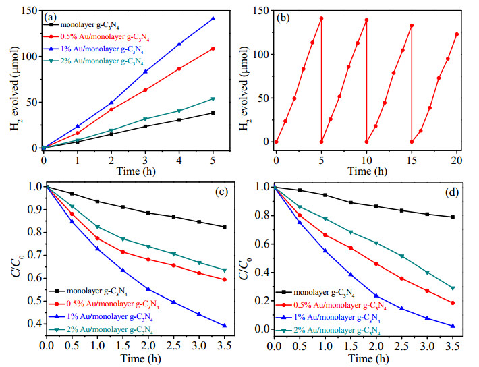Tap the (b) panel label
click(283, 18)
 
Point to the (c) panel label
click(222, 192)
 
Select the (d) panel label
click(452, 192)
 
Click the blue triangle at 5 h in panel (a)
click(213, 19)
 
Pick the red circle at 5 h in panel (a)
click(213, 49)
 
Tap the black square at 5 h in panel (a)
click(213, 113)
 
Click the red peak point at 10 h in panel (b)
click(366, 20)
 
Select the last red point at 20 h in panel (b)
click(457, 34)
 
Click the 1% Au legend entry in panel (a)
click(94, 49)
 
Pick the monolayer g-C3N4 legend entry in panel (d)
click(315, 292)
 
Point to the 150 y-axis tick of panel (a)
click(30, 11)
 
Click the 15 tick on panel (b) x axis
click(412, 160)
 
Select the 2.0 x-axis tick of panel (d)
click(376, 346)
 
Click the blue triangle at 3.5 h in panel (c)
click(225, 326)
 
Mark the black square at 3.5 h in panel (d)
click(453, 217)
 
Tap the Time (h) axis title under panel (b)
click(368, 171)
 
